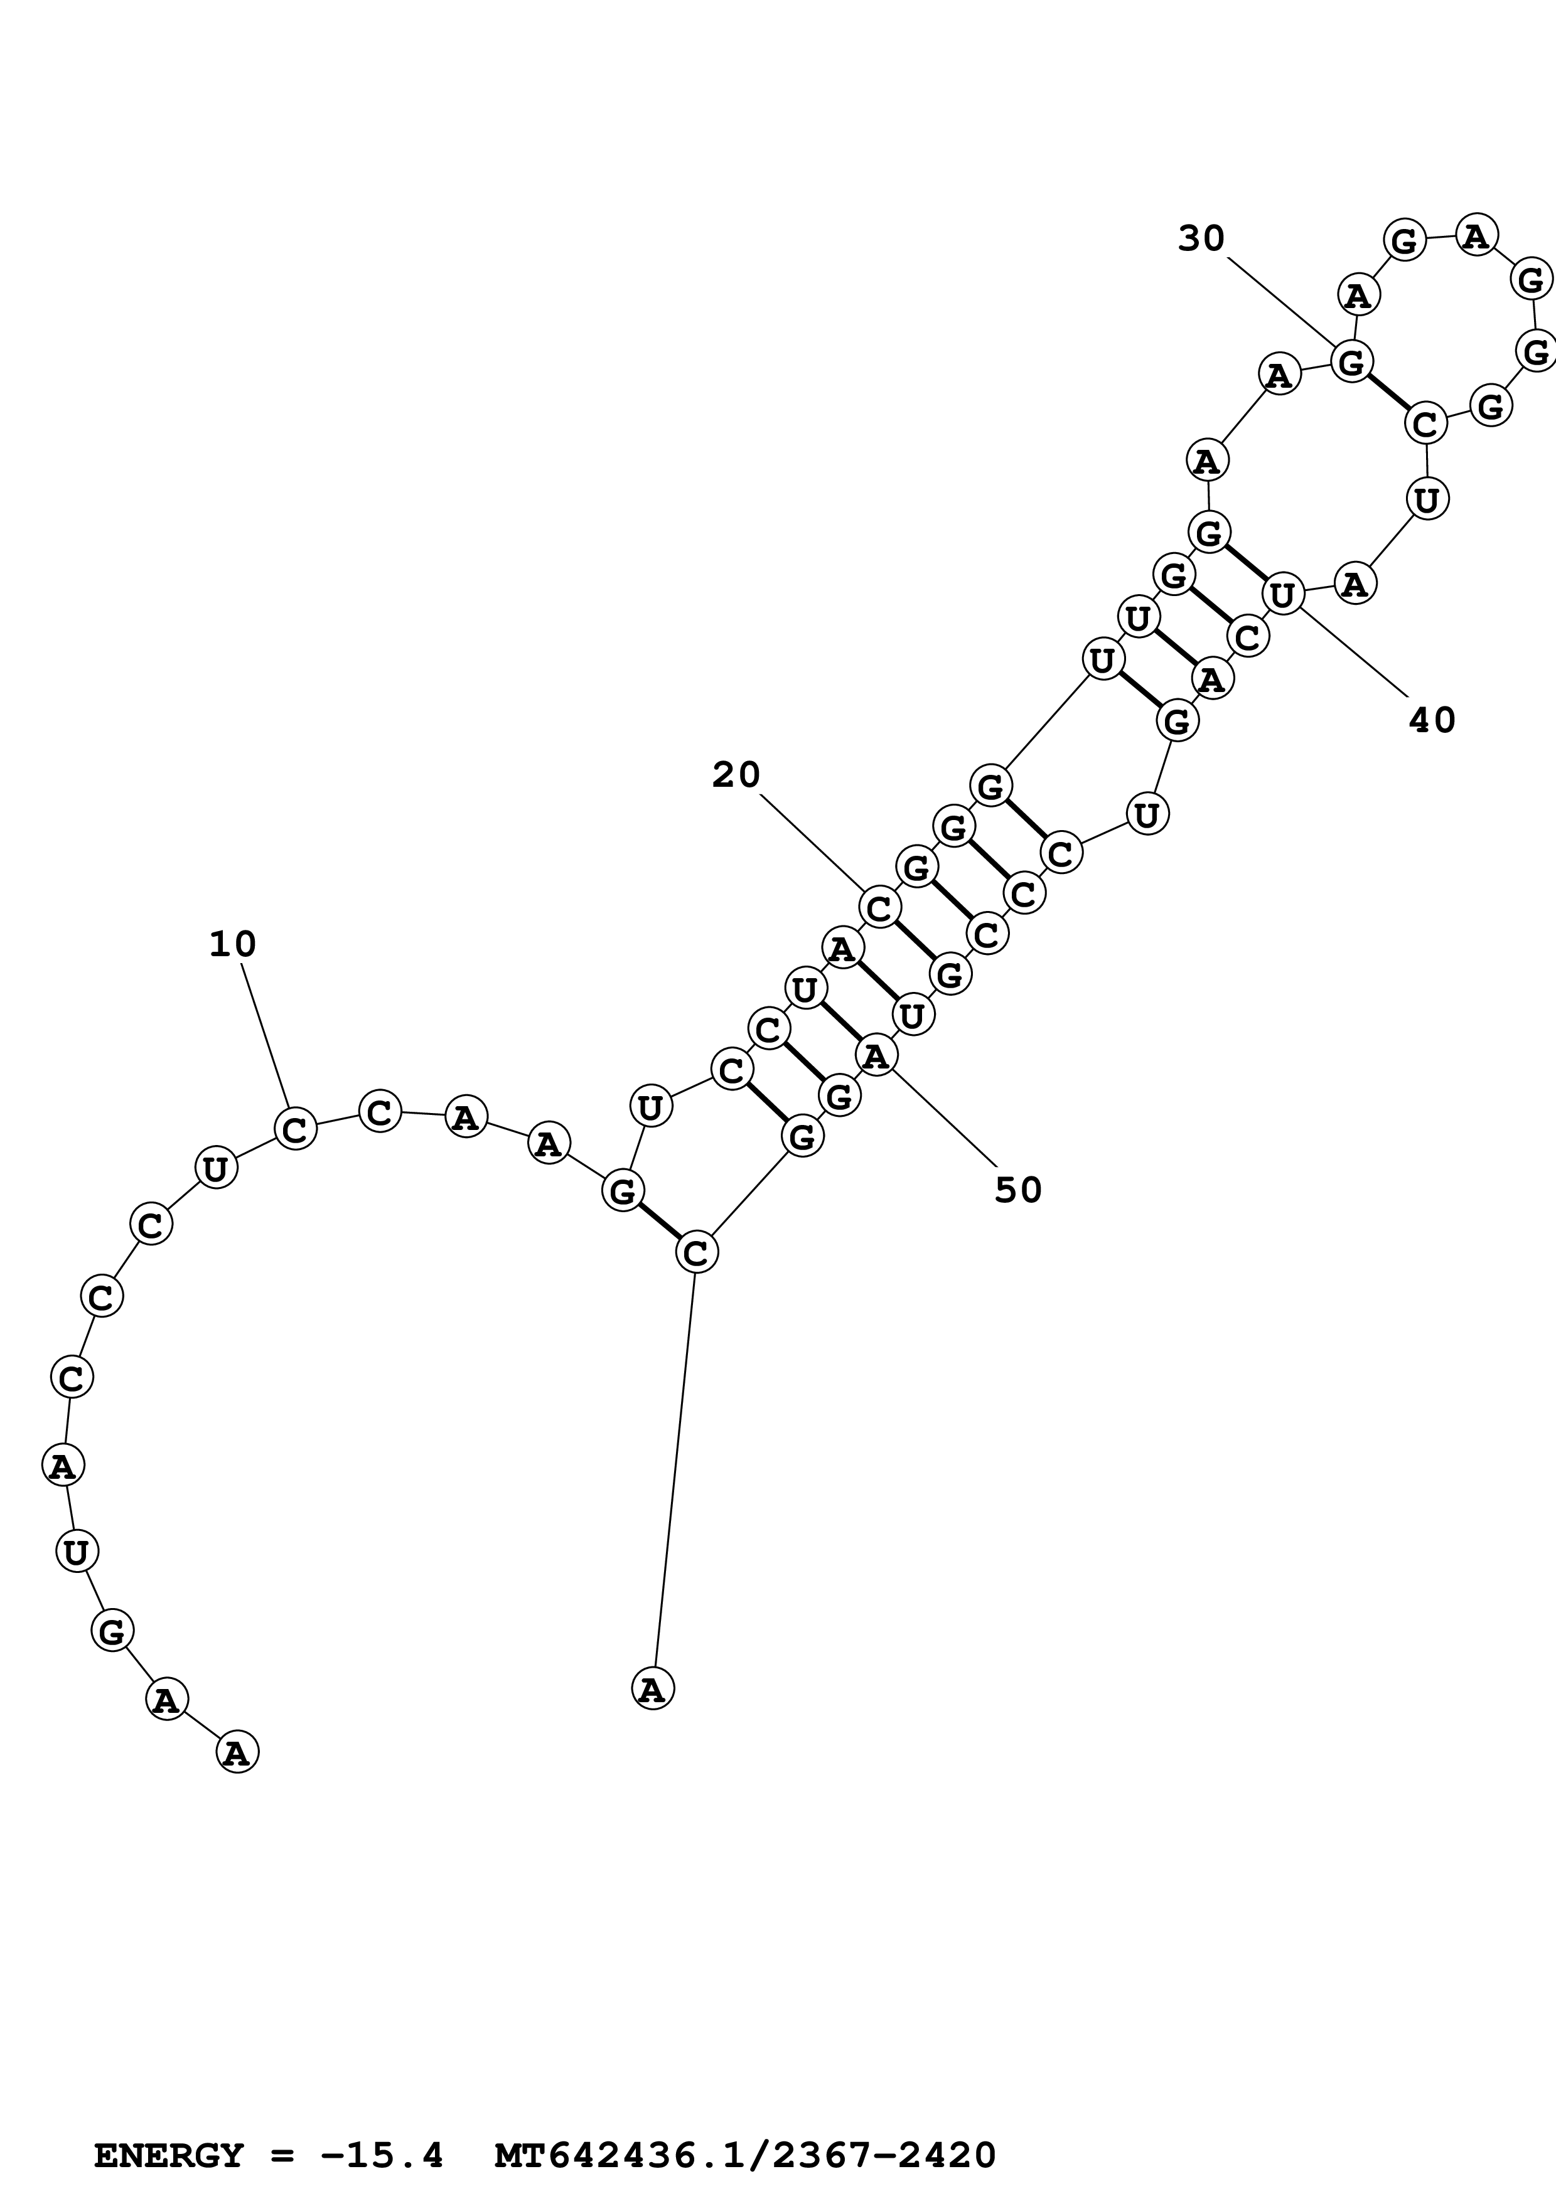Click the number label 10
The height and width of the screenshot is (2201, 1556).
(x=233, y=945)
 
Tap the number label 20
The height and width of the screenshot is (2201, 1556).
(x=736, y=775)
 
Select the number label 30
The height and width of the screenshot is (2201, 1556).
(x=1201, y=238)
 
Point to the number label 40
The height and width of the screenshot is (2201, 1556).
(x=1431, y=720)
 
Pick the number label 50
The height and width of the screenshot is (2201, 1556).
(x=1017, y=1190)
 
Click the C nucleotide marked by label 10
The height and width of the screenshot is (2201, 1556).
(x=295, y=1128)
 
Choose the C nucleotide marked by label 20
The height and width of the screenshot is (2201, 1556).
(x=879, y=907)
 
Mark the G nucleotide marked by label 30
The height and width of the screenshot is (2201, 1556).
(x=1352, y=363)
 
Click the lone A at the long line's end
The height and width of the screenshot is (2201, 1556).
(x=653, y=1688)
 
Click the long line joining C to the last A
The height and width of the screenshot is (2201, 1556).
(x=675, y=1467)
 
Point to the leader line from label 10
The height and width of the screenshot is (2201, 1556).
(x=265, y=1035)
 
